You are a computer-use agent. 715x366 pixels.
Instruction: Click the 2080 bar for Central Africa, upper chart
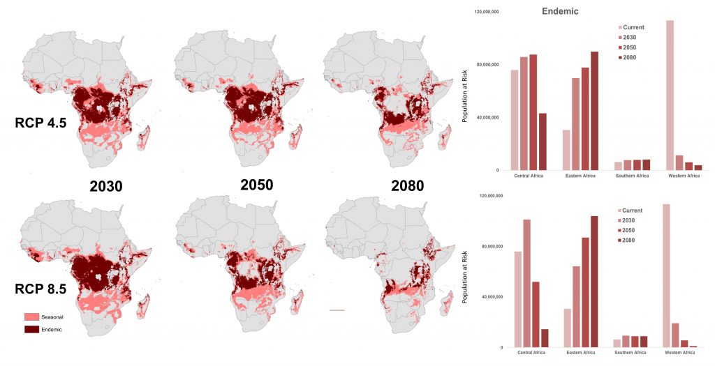tap(543, 142)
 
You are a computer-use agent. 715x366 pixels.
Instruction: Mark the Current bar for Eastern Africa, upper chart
tap(566, 150)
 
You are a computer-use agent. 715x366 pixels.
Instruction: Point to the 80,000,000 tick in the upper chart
tap(486, 65)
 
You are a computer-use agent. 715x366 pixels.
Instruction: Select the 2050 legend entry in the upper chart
tap(630, 47)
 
